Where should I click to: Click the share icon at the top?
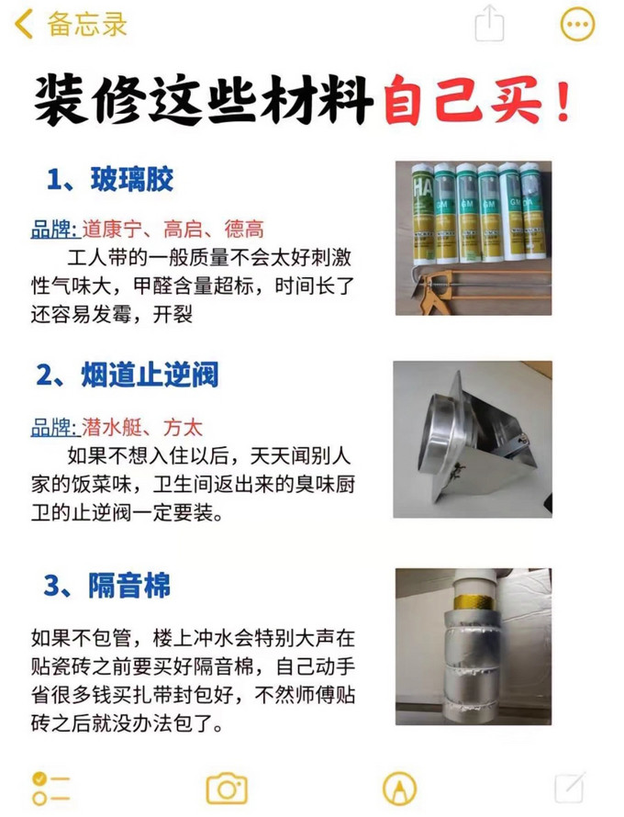click(x=491, y=24)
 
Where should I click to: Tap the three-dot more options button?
click(x=576, y=25)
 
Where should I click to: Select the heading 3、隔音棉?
click(x=110, y=585)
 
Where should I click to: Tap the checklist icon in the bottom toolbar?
click(x=50, y=787)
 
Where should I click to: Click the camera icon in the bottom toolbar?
click(x=226, y=788)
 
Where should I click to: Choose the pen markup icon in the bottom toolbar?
click(x=398, y=787)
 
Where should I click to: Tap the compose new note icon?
click(x=569, y=787)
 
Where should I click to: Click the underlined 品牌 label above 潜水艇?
click(x=52, y=427)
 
